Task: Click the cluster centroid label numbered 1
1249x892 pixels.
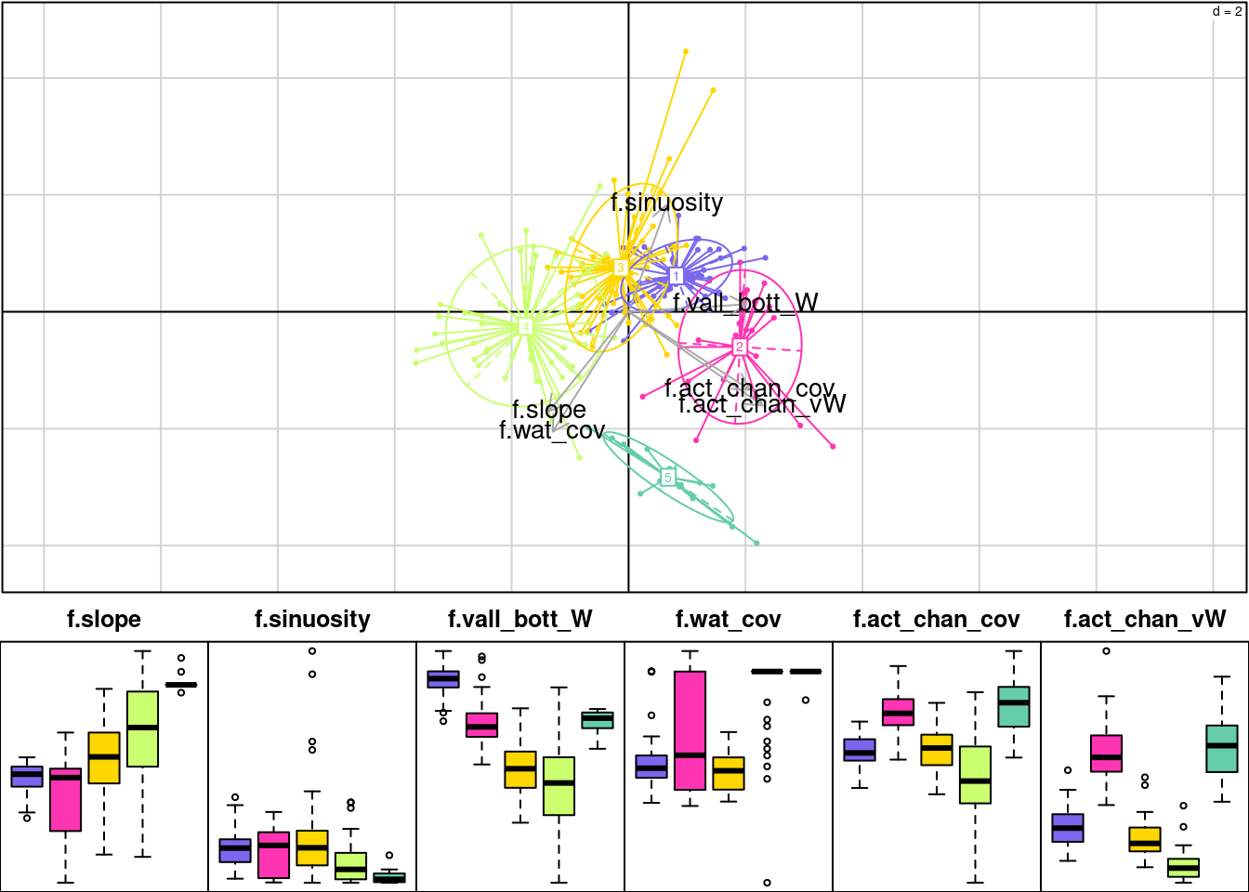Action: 677,276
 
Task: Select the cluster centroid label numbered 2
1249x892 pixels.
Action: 740,347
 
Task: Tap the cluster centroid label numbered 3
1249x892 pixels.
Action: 621,269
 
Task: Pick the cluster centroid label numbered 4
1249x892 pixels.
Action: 525,327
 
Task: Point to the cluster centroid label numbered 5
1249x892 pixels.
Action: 667,478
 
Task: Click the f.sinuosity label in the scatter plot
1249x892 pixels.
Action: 666,203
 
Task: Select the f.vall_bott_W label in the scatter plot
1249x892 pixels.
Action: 745,303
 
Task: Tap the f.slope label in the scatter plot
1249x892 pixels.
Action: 548,410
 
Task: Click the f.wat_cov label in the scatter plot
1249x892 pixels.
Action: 552,430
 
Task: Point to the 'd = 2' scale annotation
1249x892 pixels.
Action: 1227,12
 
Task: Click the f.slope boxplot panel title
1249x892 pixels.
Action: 104,620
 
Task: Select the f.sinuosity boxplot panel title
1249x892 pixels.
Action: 312,620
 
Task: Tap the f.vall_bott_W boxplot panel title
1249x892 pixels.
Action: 520,620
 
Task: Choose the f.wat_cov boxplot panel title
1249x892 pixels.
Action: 729,620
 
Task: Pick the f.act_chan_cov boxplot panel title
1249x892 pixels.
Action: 937,620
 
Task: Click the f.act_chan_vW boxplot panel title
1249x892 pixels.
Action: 1145,620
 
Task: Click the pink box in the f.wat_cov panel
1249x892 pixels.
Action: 690,730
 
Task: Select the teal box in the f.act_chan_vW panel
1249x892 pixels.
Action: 1222,748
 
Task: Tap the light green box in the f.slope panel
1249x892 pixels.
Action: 142,728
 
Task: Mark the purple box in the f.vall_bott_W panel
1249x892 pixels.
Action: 443,679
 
